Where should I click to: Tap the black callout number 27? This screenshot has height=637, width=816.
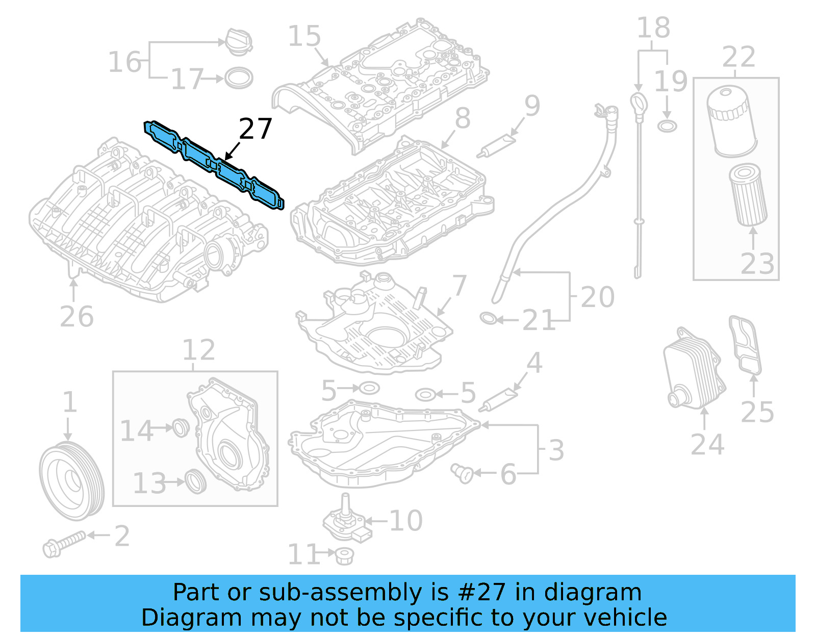point(255,129)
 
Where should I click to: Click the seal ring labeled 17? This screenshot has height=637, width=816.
point(238,78)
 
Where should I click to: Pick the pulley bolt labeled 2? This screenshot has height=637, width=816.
point(63,544)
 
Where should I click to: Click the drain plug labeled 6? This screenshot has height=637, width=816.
point(462,473)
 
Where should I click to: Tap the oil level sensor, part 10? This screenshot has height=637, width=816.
point(346,520)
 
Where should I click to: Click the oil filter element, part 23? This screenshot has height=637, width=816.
point(748,194)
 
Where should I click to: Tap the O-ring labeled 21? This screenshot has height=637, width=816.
point(488,319)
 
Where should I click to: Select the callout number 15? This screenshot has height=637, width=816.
point(304,36)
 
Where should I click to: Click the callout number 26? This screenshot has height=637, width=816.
point(76,317)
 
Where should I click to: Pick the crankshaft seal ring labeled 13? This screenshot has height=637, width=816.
point(195,480)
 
